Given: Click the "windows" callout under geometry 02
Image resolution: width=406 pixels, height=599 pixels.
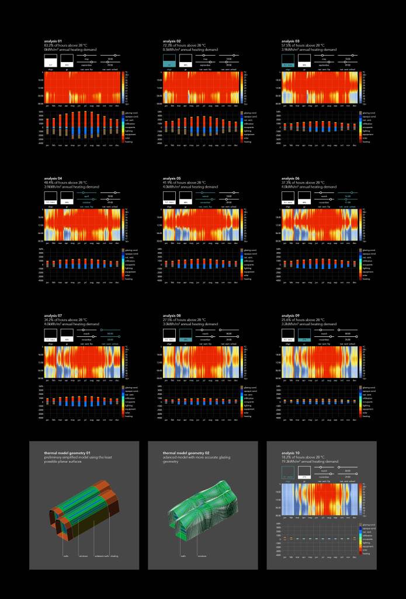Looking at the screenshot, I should coord(202,556).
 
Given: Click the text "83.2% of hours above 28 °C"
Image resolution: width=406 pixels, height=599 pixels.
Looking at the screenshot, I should coord(65,45).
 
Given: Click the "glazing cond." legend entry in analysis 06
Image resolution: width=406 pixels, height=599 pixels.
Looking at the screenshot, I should coord(366,249).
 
